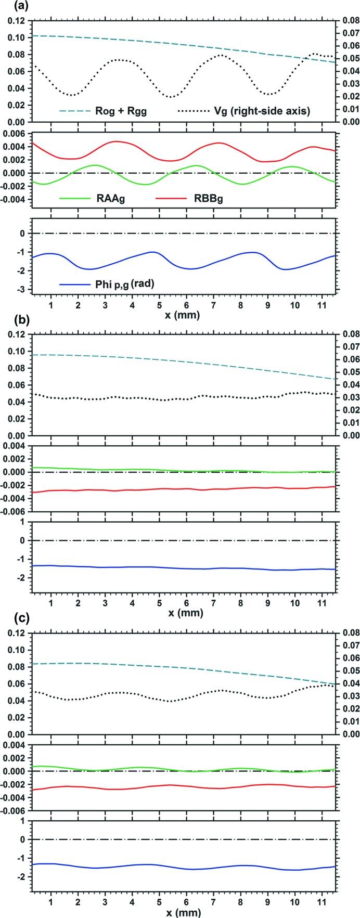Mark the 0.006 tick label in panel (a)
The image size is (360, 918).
tap(14, 133)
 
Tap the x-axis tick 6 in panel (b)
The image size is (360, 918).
tap(186, 602)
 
